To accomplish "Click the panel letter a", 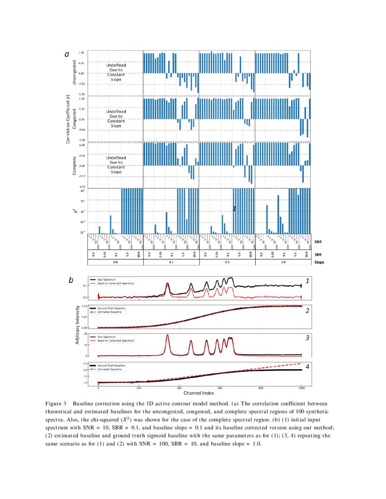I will (67, 54).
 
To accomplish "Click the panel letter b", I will (71, 281).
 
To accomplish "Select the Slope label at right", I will (320, 262).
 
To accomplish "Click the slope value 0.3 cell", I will (227, 262).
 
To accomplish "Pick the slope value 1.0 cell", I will (283, 262).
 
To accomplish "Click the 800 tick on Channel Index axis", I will (261, 388).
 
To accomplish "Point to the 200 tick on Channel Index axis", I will (139, 388).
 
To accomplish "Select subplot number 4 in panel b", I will (307, 367).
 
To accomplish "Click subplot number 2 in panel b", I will (307, 311).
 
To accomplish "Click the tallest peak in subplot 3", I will (168, 336).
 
